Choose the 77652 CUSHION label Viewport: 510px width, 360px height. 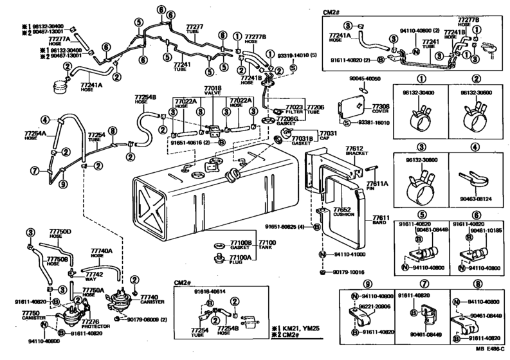[x=342, y=213]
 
